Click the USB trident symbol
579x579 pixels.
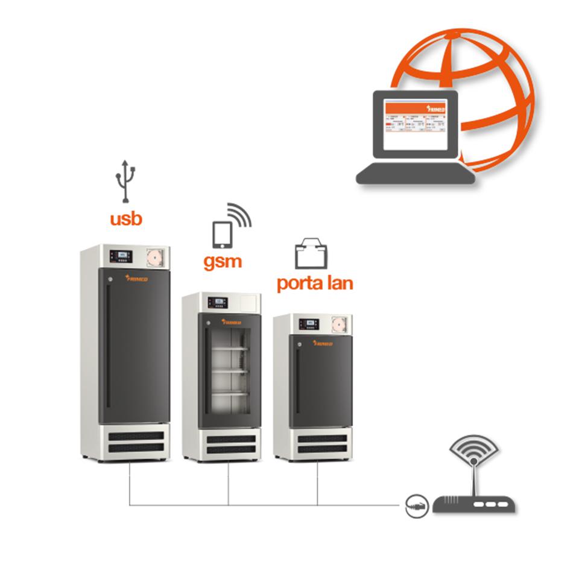125,180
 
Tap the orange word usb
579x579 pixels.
126,218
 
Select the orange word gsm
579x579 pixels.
222,261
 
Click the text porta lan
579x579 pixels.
315,282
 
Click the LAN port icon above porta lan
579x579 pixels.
311,254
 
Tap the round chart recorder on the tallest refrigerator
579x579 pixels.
155,258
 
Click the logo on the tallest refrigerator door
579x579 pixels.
138,279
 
